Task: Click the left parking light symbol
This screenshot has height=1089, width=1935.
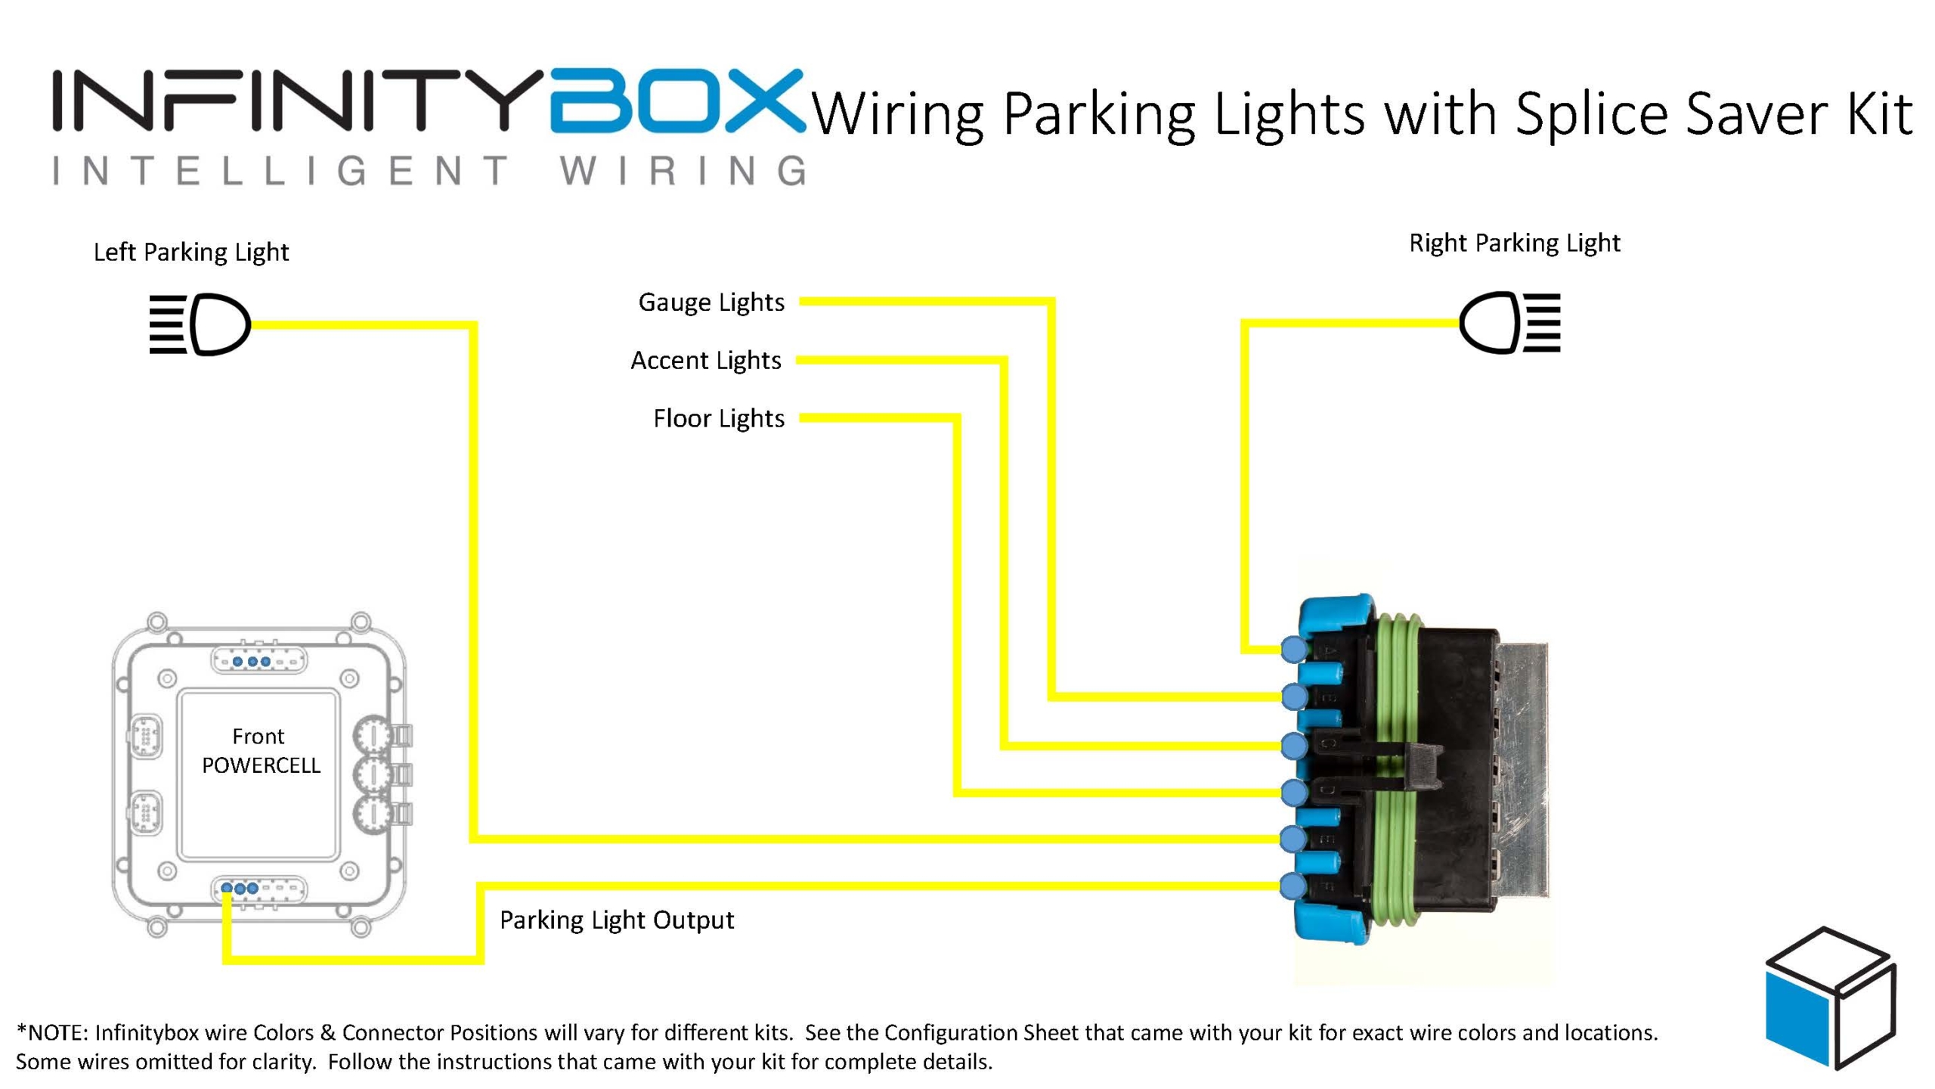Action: (200, 324)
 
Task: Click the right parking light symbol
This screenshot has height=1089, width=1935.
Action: (1509, 323)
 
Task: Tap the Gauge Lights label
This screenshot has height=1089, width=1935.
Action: (711, 302)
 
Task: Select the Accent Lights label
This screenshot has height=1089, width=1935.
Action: (706, 361)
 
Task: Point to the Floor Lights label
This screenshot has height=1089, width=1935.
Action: (719, 418)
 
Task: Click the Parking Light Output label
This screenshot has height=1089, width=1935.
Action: (617, 920)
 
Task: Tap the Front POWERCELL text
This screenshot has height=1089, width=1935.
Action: (260, 751)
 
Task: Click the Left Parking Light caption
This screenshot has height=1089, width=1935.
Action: (191, 252)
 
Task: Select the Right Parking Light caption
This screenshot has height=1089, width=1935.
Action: (1515, 243)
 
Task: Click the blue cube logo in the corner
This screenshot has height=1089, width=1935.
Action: (1829, 998)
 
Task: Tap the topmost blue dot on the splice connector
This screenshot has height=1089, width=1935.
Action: (1294, 649)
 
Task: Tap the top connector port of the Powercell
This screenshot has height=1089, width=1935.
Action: (259, 661)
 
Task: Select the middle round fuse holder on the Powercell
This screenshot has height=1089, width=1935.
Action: (372, 774)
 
